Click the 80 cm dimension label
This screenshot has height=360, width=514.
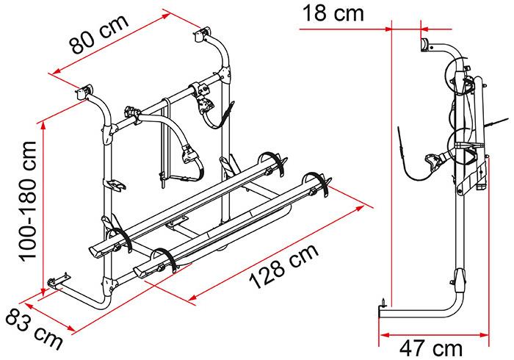[99, 34]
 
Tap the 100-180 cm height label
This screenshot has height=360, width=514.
[28, 201]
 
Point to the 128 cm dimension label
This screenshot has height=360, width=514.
[284, 266]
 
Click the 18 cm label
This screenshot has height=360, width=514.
[333, 13]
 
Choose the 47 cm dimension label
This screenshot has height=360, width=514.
[431, 348]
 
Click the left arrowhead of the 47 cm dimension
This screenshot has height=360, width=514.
[384, 335]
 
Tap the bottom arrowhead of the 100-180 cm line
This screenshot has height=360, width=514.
[43, 289]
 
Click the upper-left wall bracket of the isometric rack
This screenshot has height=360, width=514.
[84, 92]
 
